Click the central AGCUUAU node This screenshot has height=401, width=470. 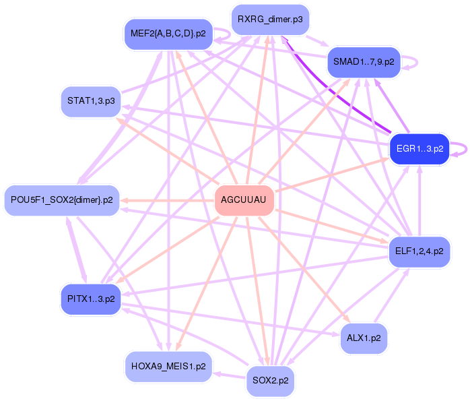click(244, 200)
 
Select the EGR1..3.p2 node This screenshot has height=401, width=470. click(419, 149)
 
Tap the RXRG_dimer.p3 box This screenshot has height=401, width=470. click(270, 20)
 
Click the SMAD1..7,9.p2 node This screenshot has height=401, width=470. click(364, 62)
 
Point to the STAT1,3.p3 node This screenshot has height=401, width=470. click(91, 101)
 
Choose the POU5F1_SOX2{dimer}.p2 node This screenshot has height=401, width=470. click(62, 200)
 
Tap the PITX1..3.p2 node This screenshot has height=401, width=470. click(90, 298)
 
